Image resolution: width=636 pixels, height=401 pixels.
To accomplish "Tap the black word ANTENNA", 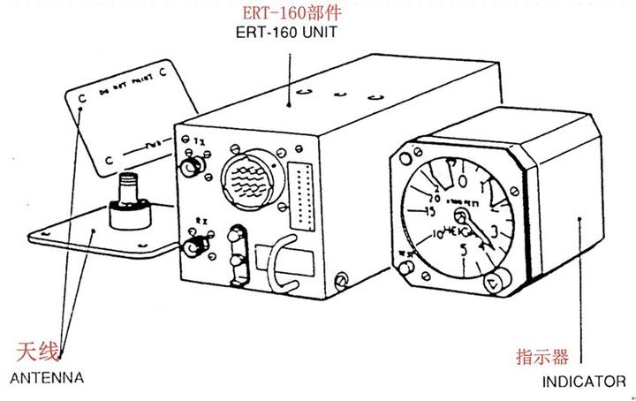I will click(x=45, y=377).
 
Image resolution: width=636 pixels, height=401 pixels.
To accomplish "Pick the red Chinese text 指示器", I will click(x=541, y=358).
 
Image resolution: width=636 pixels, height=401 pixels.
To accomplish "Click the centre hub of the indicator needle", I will click(x=461, y=216).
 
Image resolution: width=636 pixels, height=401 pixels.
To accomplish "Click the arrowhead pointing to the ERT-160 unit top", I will click(x=291, y=103).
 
